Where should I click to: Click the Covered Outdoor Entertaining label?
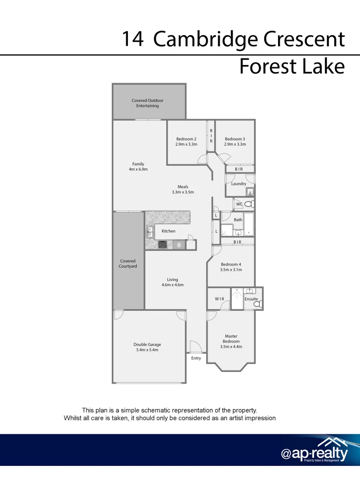click(x=147, y=103)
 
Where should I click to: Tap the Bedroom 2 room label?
click(x=186, y=139)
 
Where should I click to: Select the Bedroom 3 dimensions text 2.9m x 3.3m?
click(x=235, y=144)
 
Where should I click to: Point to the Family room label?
click(x=138, y=164)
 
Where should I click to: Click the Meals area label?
click(x=183, y=187)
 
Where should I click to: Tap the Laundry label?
click(x=239, y=183)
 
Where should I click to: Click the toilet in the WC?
click(x=249, y=204)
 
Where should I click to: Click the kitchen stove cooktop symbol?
click(x=163, y=245)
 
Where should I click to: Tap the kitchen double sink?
click(x=150, y=231)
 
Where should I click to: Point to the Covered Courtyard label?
click(x=128, y=264)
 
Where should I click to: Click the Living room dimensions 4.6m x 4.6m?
click(x=172, y=285)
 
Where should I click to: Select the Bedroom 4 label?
click(x=231, y=265)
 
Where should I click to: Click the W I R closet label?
click(x=220, y=299)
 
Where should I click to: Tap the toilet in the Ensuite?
click(x=257, y=304)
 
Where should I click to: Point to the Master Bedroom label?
click(x=231, y=339)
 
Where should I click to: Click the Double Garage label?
click(x=147, y=344)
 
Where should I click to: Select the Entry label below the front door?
click(x=196, y=358)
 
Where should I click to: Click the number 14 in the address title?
click(x=132, y=39)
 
